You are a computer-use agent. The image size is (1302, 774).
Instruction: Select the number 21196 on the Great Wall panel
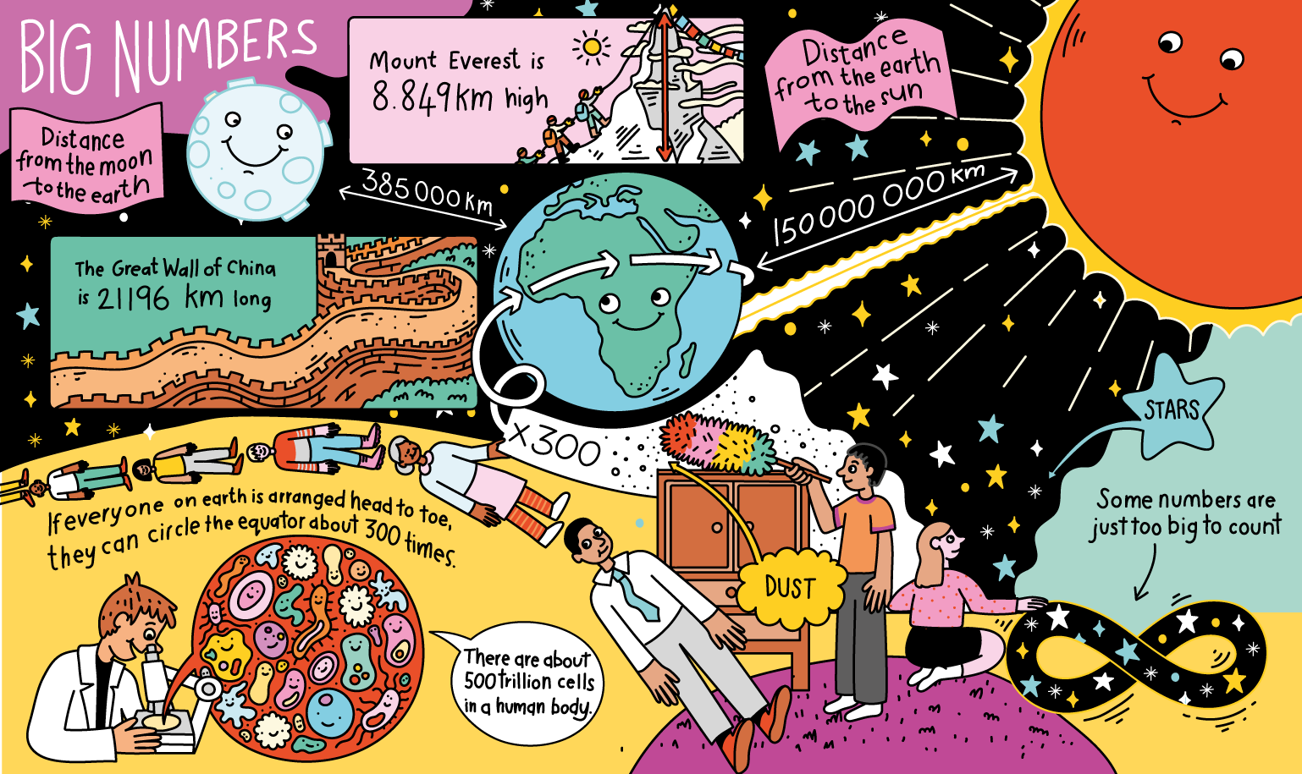tap(133, 298)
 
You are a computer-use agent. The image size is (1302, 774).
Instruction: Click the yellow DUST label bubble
tap(789, 587)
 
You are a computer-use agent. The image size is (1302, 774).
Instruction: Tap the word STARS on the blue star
tap(1172, 410)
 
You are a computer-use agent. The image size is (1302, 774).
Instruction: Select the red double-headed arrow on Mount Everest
tap(665, 85)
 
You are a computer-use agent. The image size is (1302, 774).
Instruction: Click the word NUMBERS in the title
tap(216, 52)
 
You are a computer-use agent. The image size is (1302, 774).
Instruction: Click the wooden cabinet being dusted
tap(732, 541)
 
